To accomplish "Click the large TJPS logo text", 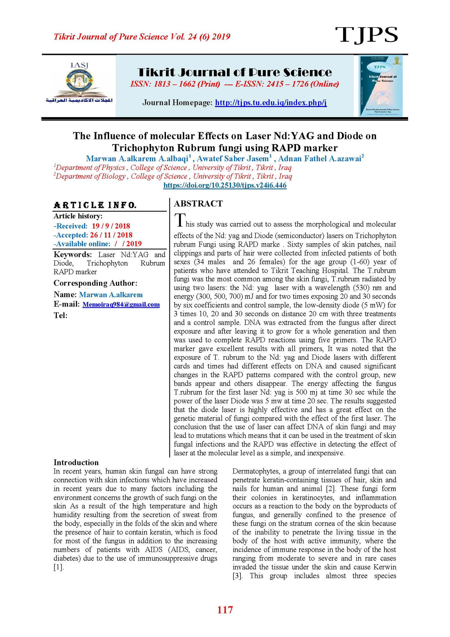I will (x=366, y=35).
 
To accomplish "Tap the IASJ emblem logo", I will (x=79, y=83).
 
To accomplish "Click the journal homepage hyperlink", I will (x=271, y=102).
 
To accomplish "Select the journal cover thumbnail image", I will (x=381, y=86).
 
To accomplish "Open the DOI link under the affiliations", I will (x=225, y=185).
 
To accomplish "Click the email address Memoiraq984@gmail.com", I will (x=121, y=304).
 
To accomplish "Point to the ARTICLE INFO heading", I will (x=95, y=205).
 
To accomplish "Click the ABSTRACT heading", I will (x=198, y=204).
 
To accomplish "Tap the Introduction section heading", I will (x=76, y=463).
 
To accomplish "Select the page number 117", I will (x=225, y=610).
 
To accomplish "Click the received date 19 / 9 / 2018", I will (x=111, y=226).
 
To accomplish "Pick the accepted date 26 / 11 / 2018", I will (x=111, y=235).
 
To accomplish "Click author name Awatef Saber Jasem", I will (x=233, y=158).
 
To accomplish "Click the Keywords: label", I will (x=73, y=254).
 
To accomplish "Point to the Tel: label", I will (x=60, y=315).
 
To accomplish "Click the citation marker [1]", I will (x=58, y=567).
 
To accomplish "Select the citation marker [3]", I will (x=237, y=576).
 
